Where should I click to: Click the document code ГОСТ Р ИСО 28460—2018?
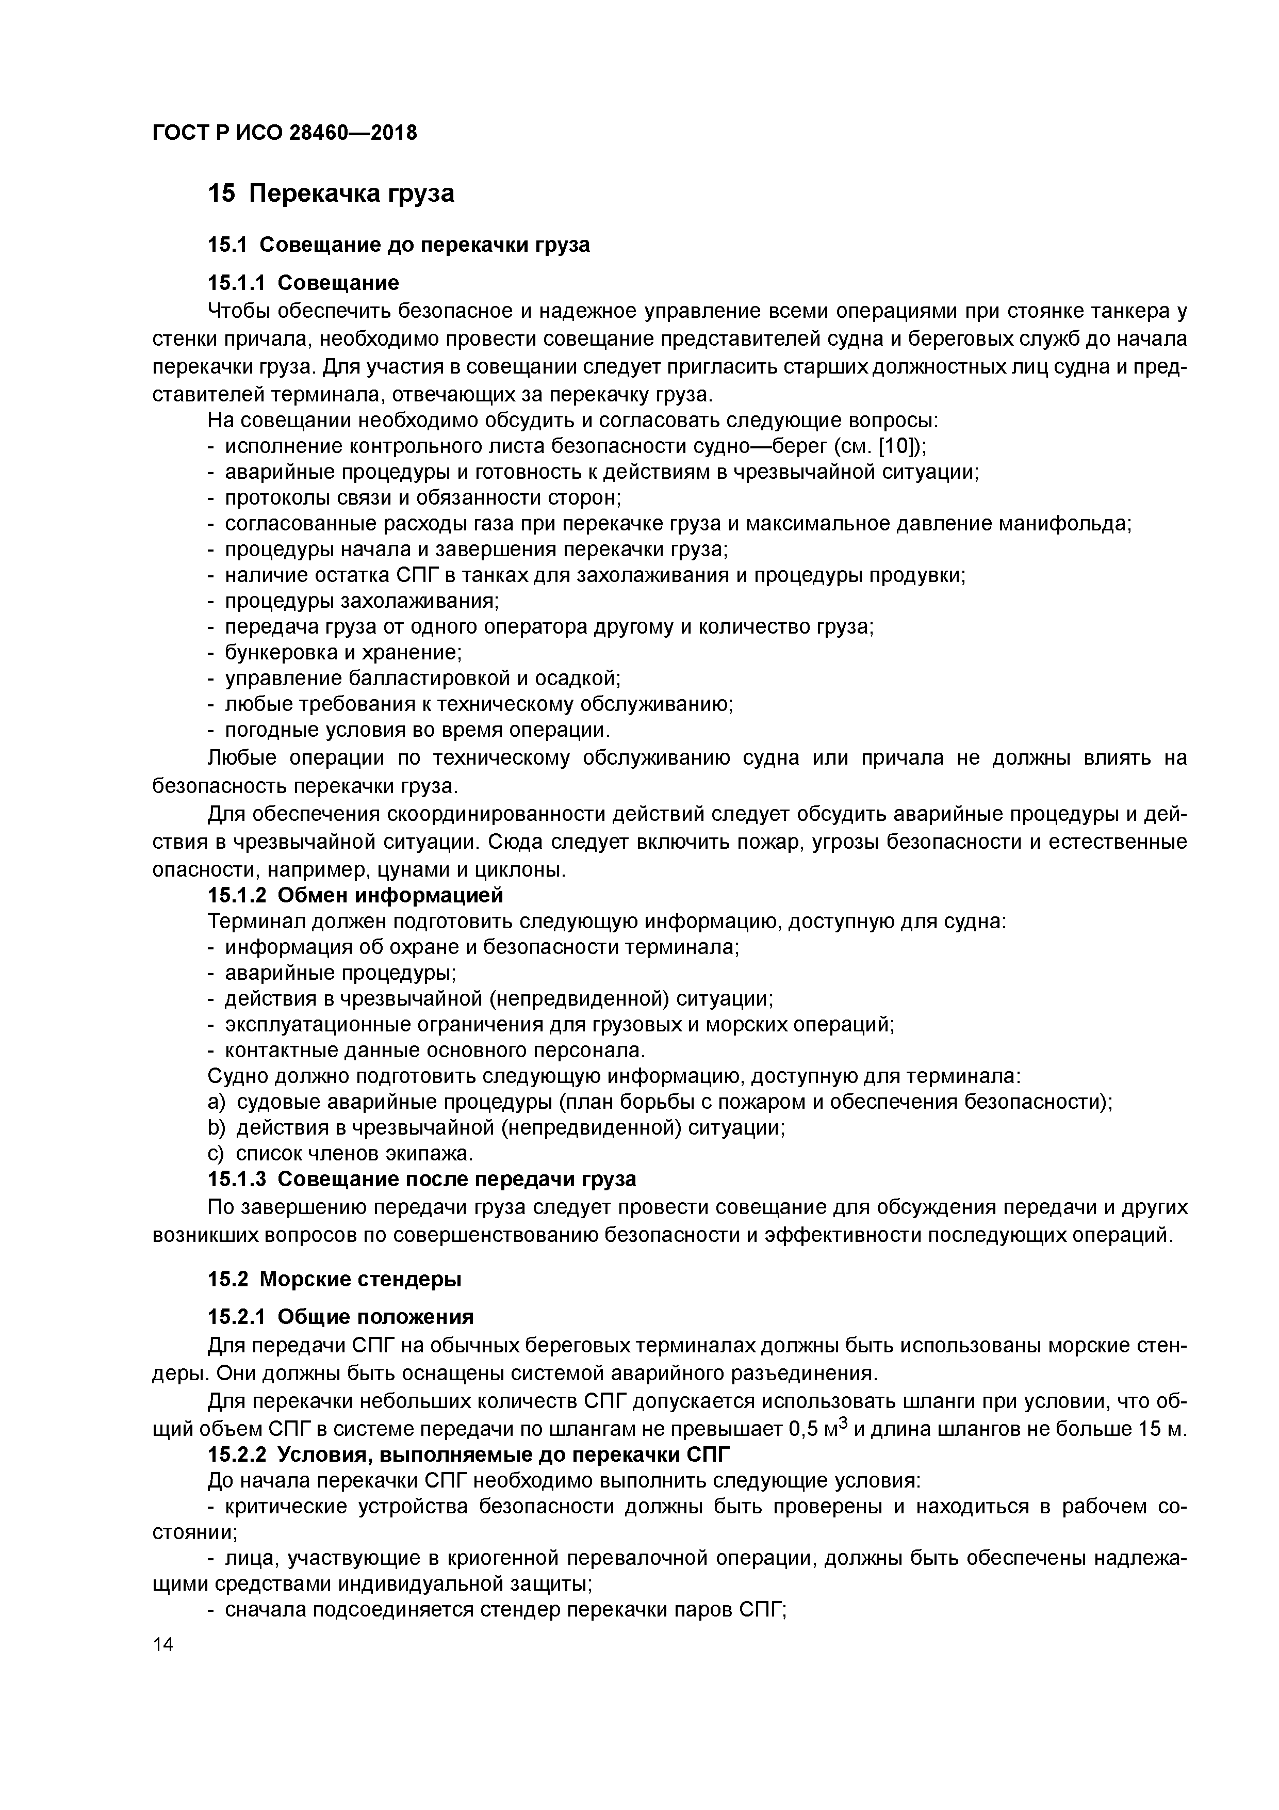(x=285, y=133)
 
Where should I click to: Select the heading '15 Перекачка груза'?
(x=331, y=193)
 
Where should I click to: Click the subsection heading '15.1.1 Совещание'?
(x=303, y=282)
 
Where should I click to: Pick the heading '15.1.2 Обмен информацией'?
(x=355, y=896)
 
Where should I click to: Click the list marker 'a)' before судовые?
(x=216, y=1102)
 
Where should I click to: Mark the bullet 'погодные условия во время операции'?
(x=418, y=730)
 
